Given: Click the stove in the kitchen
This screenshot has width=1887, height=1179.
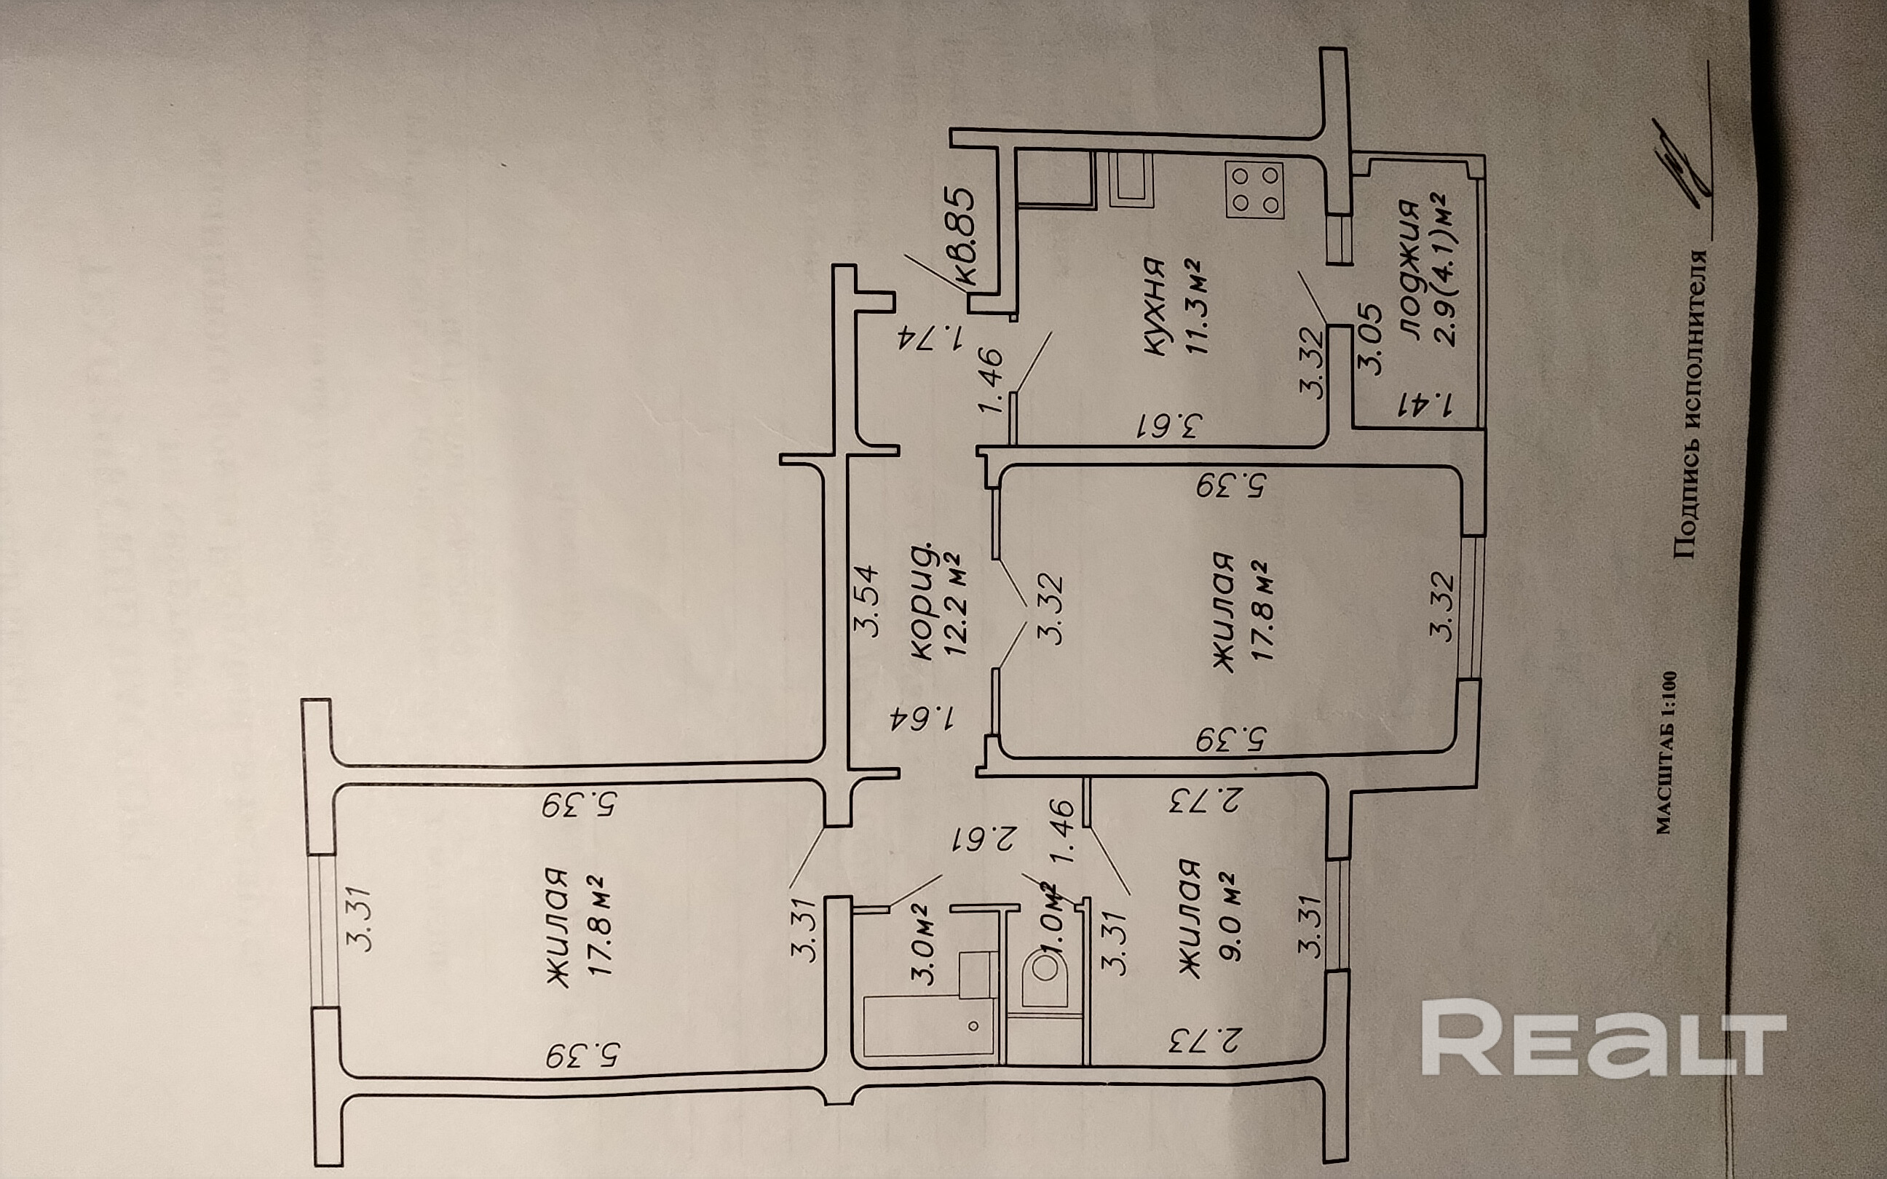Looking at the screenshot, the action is (1254, 189).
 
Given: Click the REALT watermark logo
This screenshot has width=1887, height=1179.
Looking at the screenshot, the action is (1603, 1036).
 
